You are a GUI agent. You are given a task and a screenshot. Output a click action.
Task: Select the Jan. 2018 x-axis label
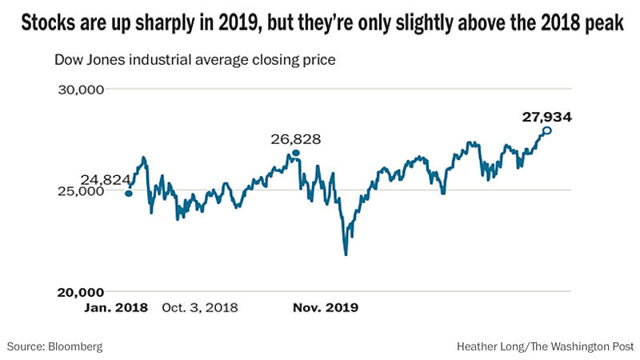pyautogui.click(x=116, y=307)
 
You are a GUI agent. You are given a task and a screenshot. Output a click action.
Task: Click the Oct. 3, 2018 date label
pyautogui.click(x=200, y=307)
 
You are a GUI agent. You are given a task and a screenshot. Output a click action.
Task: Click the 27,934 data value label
pyautogui.click(x=547, y=117)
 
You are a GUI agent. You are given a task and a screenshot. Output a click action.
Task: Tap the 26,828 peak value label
pyautogui.click(x=296, y=139)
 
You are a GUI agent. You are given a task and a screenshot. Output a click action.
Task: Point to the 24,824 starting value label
pyautogui.click(x=105, y=180)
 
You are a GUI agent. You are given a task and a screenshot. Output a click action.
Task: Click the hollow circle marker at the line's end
pyautogui.click(x=547, y=130)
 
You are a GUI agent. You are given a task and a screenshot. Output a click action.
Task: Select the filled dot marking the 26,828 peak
pyautogui.click(x=296, y=153)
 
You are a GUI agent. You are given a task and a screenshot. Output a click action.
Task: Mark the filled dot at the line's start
pyautogui.click(x=129, y=193)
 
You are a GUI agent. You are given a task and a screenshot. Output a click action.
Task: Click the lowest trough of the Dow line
pyautogui.click(x=346, y=254)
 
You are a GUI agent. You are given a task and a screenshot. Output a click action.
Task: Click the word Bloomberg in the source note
pyautogui.click(x=75, y=346)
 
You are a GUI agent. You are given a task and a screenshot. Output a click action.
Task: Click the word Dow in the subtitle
pyautogui.click(x=67, y=60)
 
